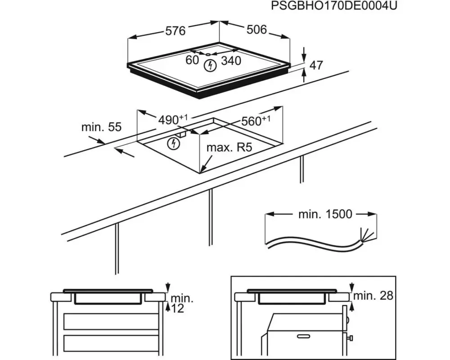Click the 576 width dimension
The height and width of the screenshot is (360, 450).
point(175,31)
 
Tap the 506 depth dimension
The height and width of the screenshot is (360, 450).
point(256,30)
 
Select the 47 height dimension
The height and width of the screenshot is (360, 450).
point(316,65)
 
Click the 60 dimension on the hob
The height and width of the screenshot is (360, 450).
point(193,59)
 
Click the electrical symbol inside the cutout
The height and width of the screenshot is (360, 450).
point(173,144)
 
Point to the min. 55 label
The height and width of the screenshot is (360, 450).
point(101,127)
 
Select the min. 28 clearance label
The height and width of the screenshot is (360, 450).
point(373,295)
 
